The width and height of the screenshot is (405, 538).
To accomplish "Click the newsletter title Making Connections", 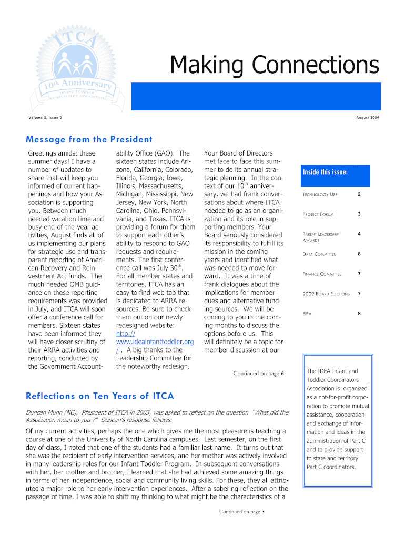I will (274, 66).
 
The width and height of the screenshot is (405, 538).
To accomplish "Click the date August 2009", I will (367, 118).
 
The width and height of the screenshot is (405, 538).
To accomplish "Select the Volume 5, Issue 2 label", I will (45, 118).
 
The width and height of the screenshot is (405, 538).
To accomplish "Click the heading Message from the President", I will (89, 139).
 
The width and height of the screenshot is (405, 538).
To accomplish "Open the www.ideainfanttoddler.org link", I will (155, 342).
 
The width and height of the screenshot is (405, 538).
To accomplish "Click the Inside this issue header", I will (325, 173).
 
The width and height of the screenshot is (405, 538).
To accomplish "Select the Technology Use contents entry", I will (320, 195).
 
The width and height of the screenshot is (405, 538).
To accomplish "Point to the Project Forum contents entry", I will (318, 214).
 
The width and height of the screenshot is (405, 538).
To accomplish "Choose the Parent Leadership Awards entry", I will (320, 237).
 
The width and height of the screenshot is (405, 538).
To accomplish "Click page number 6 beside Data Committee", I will (359, 254).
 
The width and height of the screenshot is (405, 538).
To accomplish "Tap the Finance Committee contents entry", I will (322, 274).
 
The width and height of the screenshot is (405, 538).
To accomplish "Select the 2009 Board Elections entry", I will (326, 294).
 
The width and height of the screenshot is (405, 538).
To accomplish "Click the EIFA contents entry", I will (307, 314).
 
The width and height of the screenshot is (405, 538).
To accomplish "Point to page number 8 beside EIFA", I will (359, 314).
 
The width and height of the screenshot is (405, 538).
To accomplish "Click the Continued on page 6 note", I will (258, 373).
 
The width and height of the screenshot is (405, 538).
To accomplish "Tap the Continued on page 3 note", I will (241, 511).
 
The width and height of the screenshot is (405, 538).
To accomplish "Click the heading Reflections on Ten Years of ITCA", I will (100, 396).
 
